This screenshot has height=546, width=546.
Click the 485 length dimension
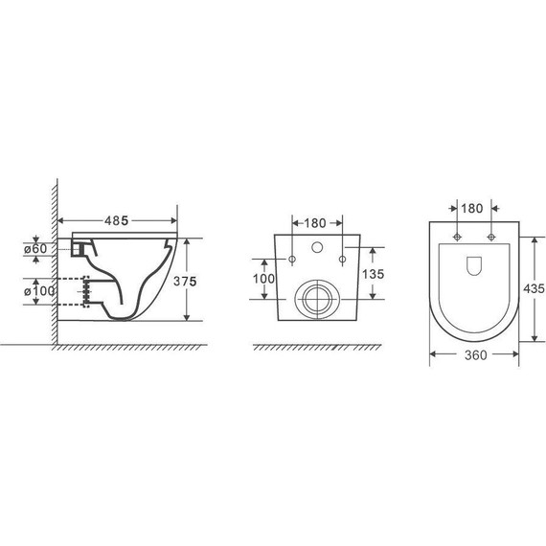click(117, 220)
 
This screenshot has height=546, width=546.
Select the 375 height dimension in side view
click(185, 281)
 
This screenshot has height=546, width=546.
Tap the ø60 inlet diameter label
click(35, 249)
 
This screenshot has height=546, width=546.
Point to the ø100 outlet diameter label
click(39, 291)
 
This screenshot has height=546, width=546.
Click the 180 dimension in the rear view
click(315, 223)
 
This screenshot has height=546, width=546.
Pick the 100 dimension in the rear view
click(263, 279)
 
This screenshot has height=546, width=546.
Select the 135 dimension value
click(373, 274)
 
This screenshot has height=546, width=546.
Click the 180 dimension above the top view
click(472, 209)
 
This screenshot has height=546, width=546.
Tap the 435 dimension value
click(534, 288)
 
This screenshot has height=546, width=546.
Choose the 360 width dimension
click(476, 355)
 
